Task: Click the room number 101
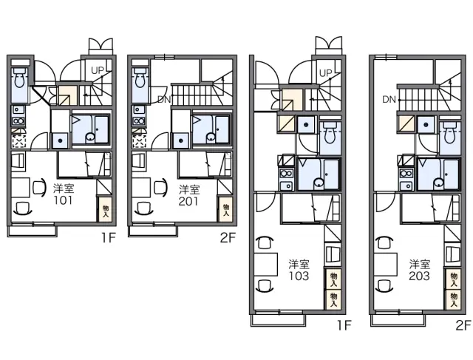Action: (x=63, y=200)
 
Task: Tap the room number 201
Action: (x=188, y=201)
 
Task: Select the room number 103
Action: (x=299, y=276)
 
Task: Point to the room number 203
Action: (x=419, y=276)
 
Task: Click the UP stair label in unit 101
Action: (x=98, y=71)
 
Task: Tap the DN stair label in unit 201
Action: (x=164, y=100)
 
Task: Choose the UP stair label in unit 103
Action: (x=325, y=73)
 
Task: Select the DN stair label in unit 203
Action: (x=389, y=99)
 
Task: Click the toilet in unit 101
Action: (x=20, y=78)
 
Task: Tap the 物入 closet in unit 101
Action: (x=106, y=209)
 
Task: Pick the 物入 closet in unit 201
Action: (x=226, y=209)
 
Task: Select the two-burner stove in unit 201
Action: (x=139, y=121)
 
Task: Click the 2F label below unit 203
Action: (x=463, y=325)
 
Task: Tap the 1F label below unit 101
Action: (x=109, y=238)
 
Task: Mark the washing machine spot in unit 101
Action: (x=18, y=141)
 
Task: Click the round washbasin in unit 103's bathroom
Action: (x=318, y=183)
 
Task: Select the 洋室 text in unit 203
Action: (x=419, y=264)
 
